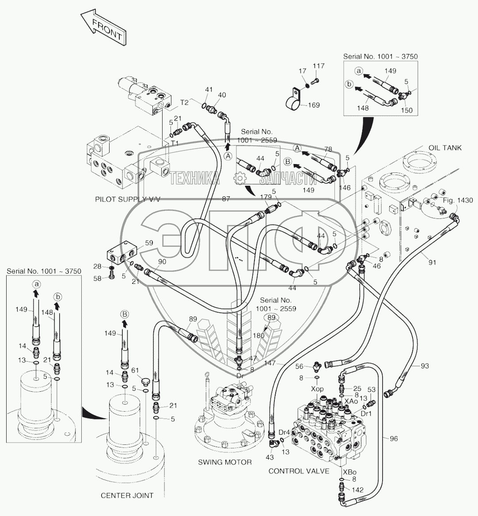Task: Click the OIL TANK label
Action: (x=444, y=148)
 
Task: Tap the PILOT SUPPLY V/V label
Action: (x=127, y=199)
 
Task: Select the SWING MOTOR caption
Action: (x=225, y=462)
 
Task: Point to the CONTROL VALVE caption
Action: (x=299, y=471)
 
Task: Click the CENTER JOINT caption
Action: (x=127, y=496)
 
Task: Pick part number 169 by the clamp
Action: (x=314, y=105)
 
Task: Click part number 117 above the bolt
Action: (x=319, y=66)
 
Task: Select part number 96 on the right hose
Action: (x=393, y=438)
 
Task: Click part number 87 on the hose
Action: (x=226, y=199)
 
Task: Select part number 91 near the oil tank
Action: (x=432, y=262)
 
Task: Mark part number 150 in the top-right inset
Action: (x=407, y=110)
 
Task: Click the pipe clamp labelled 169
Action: (x=293, y=103)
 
